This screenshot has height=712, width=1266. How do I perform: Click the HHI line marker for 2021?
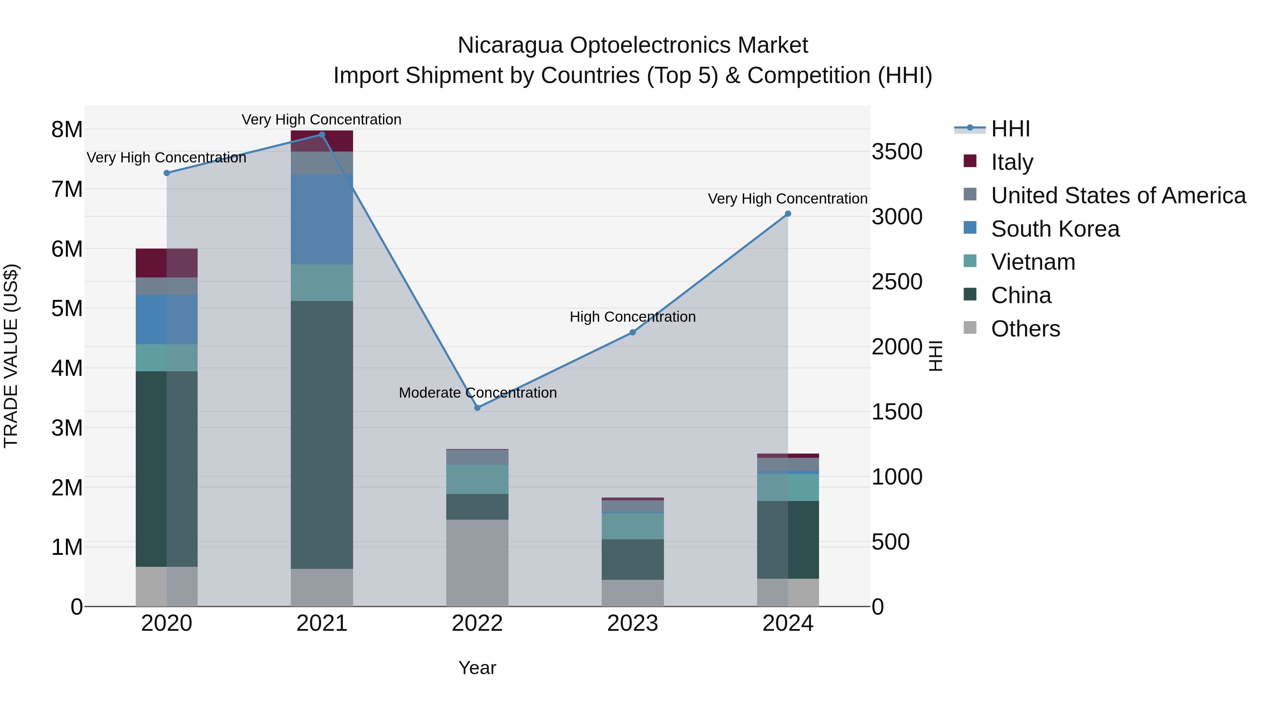click(322, 135)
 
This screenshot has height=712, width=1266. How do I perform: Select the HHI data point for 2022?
click(477, 408)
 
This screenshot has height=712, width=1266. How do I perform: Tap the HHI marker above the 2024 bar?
click(788, 214)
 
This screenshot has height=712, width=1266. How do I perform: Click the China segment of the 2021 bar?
click(322, 435)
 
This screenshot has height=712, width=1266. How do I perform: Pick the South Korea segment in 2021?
click(322, 219)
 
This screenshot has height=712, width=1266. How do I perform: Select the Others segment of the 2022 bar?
click(477, 563)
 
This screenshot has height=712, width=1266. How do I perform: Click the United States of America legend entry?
click(1118, 195)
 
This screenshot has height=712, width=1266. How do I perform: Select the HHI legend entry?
click(1010, 129)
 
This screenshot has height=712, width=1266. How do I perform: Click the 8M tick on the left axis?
click(67, 130)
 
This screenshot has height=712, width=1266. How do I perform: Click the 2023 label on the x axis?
click(633, 623)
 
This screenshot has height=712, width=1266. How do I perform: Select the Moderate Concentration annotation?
click(478, 393)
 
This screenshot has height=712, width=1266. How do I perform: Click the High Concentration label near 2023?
click(633, 317)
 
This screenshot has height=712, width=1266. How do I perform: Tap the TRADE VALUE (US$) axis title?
click(11, 356)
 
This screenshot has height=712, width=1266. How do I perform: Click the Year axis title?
click(477, 668)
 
